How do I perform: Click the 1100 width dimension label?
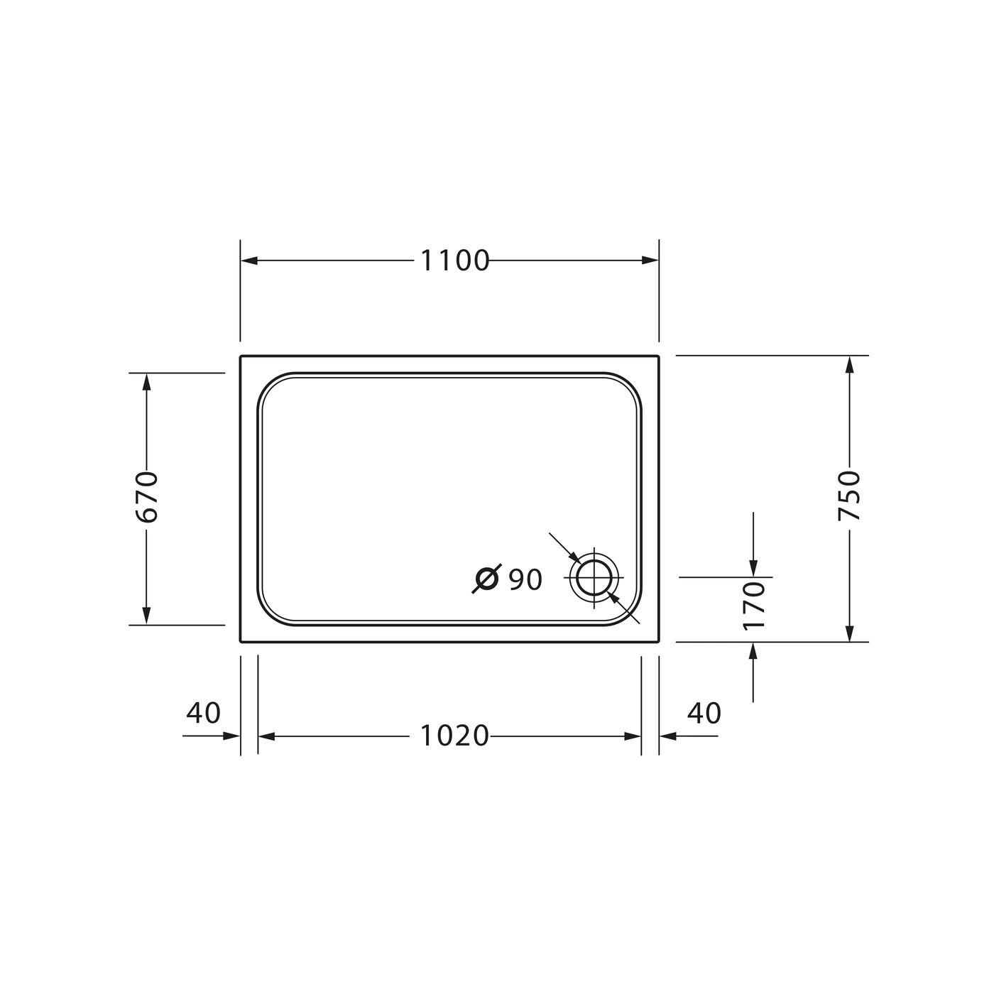tap(455, 261)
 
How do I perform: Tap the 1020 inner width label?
tap(455, 736)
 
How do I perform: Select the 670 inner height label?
tap(146, 497)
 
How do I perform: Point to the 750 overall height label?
tap(849, 495)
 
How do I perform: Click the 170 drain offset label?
tap(753, 606)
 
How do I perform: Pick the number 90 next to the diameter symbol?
tap(525, 579)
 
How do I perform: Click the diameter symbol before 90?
tap(486, 579)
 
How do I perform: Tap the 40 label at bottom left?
tap(203, 713)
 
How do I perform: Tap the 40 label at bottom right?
tap(704, 713)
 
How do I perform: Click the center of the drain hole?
tap(594, 577)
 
